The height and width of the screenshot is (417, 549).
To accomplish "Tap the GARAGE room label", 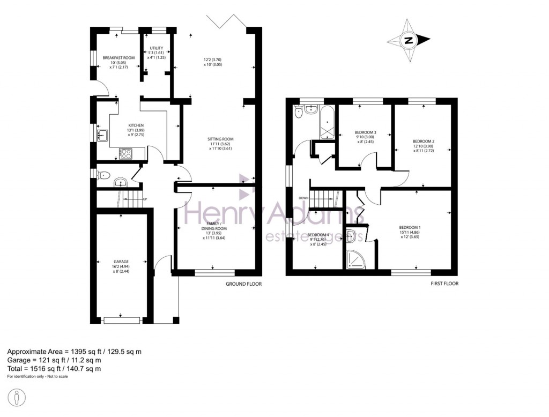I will tap(121, 262).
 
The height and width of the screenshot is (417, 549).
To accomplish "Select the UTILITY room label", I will tap(157, 48).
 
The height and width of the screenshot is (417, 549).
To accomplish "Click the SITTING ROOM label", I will tap(220, 139).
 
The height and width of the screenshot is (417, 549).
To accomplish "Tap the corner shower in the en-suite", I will tap(354, 259).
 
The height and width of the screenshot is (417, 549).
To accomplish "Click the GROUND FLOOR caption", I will tap(243, 284).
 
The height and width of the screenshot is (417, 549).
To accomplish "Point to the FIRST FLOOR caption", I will tap(444, 284).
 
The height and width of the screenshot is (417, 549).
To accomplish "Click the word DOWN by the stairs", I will tap(303, 197).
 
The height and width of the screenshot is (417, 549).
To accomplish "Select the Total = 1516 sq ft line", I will tap(54, 369).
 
